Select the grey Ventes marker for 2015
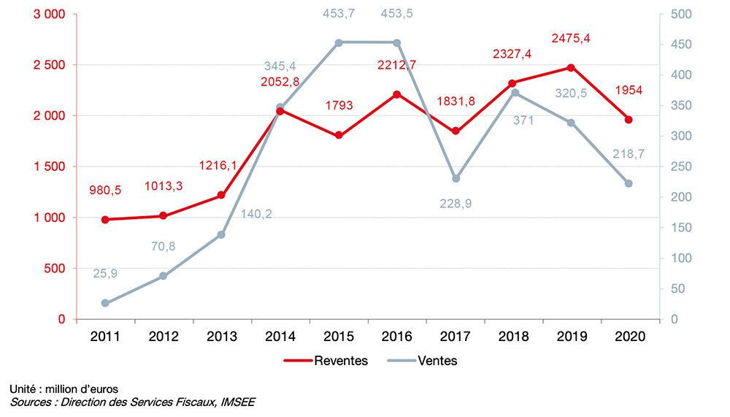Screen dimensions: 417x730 (339, 42)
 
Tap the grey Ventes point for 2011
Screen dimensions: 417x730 (104, 303)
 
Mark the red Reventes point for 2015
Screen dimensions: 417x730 (339, 136)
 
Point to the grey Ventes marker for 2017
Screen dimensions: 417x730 (456, 179)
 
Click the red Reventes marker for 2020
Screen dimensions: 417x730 (629, 120)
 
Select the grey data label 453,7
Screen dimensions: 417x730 (339, 13)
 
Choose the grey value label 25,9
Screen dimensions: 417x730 (105, 274)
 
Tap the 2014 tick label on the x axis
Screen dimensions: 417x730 (280, 337)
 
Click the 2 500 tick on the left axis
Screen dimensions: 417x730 (49, 65)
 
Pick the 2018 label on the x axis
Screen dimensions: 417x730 (514, 337)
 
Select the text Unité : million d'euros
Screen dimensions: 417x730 (63, 389)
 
